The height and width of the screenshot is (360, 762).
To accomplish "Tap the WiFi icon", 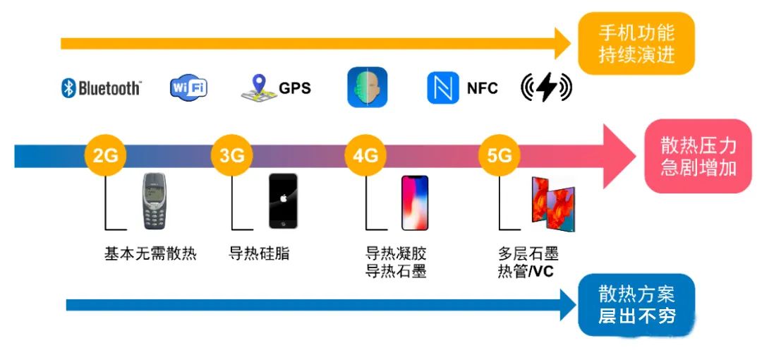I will point(188,88).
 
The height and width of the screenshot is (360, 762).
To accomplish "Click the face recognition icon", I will point(368,88).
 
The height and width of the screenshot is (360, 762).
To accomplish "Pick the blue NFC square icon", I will point(443,88).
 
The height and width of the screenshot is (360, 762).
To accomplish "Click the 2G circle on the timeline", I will point(105,155).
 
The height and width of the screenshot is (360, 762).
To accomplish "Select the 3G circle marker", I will point(232,155).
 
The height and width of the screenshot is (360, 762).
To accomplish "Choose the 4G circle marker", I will point(365,155).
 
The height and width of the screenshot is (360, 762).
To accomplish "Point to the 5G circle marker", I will point(499,155).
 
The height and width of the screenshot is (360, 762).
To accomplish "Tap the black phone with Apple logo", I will point(283,201).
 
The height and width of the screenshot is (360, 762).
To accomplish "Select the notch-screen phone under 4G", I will point(415,203).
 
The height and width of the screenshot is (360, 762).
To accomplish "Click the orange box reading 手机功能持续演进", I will point(636,43).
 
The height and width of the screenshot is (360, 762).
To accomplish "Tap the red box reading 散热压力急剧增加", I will point(698,156).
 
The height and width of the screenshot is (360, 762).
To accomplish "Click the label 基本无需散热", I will point(150,254).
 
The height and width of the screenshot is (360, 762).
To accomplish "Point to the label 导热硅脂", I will point(259,254).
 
